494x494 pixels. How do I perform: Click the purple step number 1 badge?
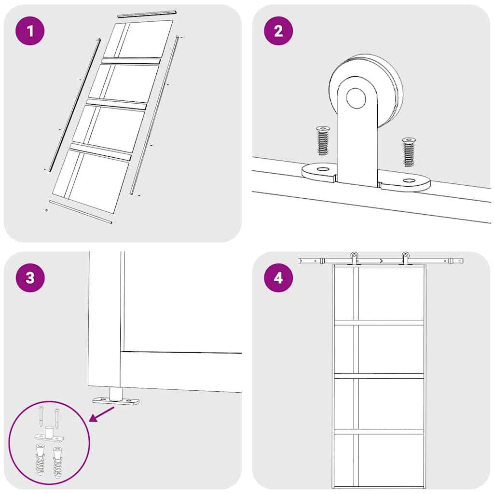[30, 31]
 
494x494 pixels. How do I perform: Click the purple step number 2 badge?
[278, 31]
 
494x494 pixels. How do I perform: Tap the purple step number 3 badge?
[30, 278]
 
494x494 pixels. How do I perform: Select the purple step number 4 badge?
[278, 278]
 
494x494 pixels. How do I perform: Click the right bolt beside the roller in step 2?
[409, 151]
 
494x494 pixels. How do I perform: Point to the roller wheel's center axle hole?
[356, 99]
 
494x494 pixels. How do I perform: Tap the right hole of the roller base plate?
[409, 181]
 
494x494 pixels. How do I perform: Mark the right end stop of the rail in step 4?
[453, 261]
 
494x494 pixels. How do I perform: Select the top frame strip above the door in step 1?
[147, 14]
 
